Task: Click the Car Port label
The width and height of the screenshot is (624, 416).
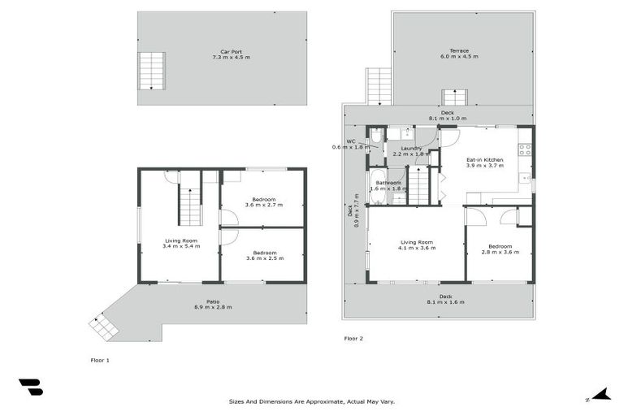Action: (222, 54)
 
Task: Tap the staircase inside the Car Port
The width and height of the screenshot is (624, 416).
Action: (152, 71)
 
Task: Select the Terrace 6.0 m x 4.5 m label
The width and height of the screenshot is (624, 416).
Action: (459, 54)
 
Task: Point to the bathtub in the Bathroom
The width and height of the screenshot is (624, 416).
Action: (378, 185)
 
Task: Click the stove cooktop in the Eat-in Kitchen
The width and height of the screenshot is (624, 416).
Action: (525, 149)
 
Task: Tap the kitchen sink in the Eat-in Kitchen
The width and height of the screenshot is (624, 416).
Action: (526, 177)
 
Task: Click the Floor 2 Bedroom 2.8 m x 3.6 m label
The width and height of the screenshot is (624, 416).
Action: (500, 249)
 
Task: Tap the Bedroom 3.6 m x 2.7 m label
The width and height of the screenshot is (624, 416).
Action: (263, 202)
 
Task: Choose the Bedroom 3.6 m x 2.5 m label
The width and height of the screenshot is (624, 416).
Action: (263, 255)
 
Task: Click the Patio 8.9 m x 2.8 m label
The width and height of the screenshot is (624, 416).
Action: (212, 304)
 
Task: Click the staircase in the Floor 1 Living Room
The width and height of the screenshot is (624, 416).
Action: (189, 205)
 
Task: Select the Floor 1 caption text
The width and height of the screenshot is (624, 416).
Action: (100, 358)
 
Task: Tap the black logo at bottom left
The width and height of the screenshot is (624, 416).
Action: (31, 388)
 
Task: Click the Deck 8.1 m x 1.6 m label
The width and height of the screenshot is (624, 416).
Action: (445, 299)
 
